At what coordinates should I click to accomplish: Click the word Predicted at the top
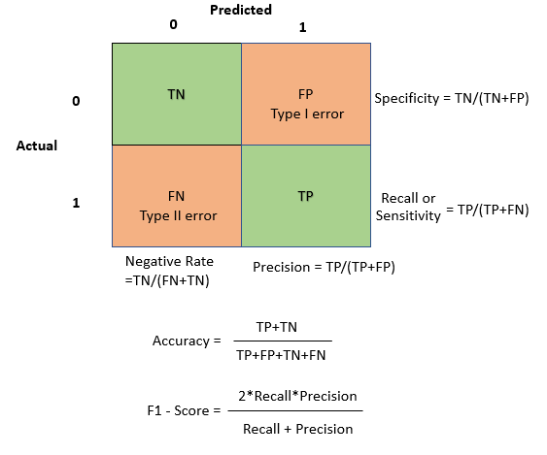click(x=241, y=10)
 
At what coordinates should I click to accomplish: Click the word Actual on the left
click(x=37, y=146)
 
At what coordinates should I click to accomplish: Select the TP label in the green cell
click(x=305, y=195)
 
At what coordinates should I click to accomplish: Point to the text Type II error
click(x=176, y=215)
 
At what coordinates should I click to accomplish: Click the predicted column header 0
click(x=174, y=24)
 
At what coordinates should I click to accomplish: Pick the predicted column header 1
click(x=302, y=28)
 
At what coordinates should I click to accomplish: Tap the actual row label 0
click(x=75, y=101)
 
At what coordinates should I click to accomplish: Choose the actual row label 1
click(x=75, y=204)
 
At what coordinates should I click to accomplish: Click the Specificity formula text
click(x=452, y=98)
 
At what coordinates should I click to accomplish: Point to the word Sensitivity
click(x=408, y=215)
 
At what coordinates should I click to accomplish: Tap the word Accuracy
click(x=181, y=341)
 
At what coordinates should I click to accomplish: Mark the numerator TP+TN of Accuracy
click(x=277, y=328)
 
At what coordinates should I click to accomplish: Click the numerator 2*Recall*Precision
click(x=297, y=397)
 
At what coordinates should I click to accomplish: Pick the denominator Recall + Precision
click(x=297, y=428)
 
